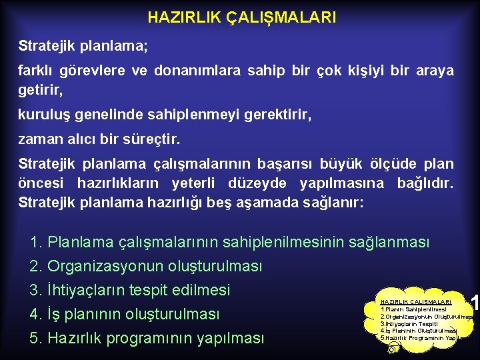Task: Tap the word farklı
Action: tap(37, 71)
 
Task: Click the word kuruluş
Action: tap(43, 115)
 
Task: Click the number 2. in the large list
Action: tap(37, 266)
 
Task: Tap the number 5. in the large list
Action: tap(37, 338)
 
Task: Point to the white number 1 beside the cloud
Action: tap(475, 303)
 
